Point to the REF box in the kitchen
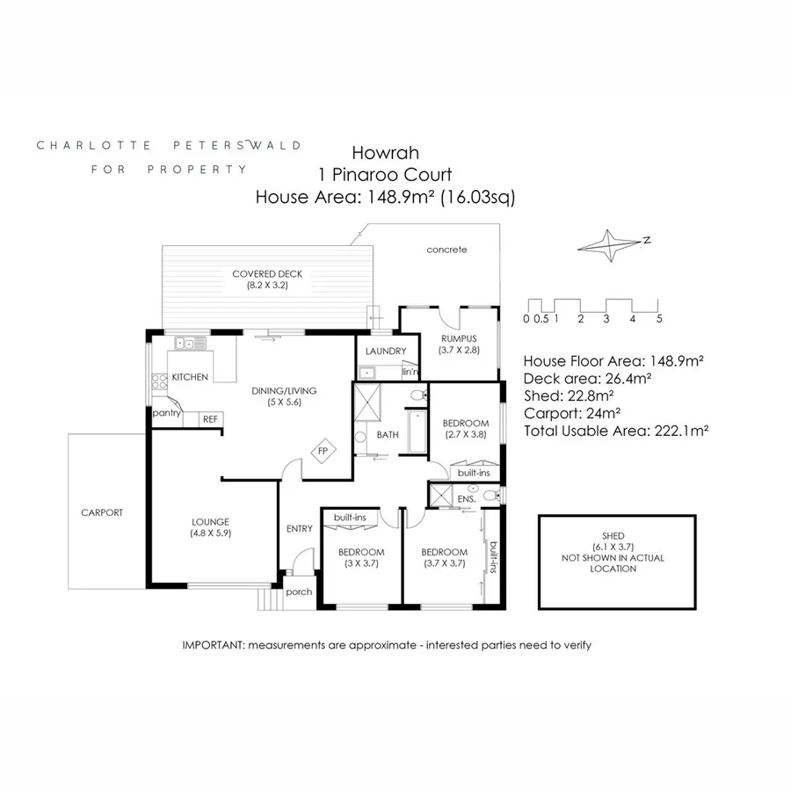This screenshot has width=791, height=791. click(210, 419)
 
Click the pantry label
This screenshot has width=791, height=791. click(167, 412)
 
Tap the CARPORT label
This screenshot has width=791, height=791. click(102, 512)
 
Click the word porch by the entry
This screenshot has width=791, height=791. click(299, 591)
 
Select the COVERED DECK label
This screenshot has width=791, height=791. click(260, 273)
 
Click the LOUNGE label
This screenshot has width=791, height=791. click(210, 519)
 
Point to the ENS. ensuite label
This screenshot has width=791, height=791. click(467, 498)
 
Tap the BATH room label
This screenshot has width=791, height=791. click(388, 435)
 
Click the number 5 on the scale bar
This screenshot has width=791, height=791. click(658, 318)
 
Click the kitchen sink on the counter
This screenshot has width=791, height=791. click(186, 344)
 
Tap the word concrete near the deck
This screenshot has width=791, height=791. click(446, 250)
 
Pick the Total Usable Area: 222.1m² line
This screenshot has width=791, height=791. click(615, 431)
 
